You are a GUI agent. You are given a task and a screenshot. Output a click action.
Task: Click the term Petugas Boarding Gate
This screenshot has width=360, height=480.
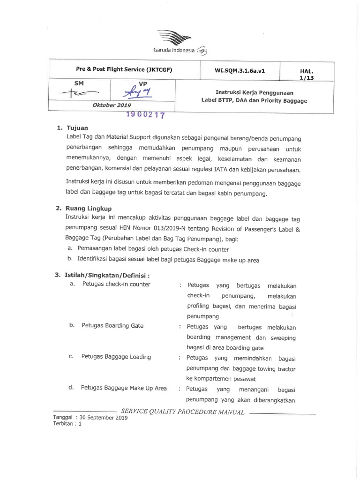click(112, 325)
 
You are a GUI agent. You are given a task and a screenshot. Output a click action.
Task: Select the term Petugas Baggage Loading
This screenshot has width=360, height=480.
click(116, 357)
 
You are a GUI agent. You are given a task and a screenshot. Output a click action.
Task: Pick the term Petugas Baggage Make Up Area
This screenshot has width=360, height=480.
click(124, 388)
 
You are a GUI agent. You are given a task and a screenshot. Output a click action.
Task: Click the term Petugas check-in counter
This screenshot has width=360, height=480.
click(116, 285)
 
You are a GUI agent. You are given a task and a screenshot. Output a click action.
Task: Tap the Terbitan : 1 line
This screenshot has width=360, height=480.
click(67, 422)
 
